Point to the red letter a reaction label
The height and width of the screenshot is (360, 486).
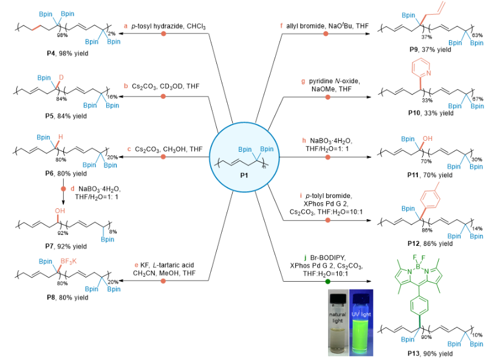tap(126, 26)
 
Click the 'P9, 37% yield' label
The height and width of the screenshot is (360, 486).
tap(428, 49)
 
